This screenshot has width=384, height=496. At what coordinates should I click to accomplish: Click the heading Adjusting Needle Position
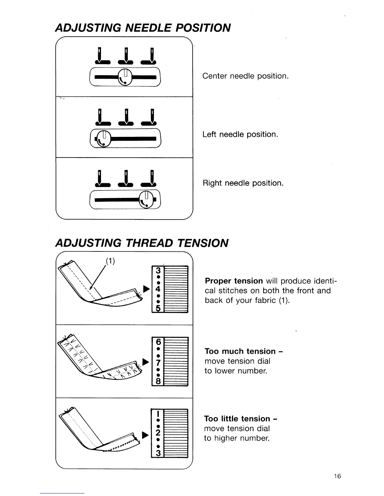pyautogui.click(x=143, y=28)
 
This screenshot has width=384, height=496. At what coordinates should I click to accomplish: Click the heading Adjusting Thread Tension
pyautogui.click(x=141, y=243)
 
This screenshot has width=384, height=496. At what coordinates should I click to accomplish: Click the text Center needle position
pyautogui.click(x=245, y=76)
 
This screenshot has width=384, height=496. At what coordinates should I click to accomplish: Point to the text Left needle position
pyautogui.click(x=240, y=134)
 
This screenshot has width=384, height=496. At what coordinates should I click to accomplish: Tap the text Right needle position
pyautogui.click(x=243, y=183)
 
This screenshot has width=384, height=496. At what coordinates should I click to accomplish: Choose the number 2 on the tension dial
pyautogui.click(x=158, y=433)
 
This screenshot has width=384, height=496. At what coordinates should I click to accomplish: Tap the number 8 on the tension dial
pyautogui.click(x=158, y=381)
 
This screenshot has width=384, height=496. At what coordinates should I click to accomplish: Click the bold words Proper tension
pyautogui.click(x=234, y=281)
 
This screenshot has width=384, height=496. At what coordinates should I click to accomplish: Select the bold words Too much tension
pyautogui.click(x=240, y=351)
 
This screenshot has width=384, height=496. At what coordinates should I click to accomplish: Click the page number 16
pyautogui.click(x=337, y=477)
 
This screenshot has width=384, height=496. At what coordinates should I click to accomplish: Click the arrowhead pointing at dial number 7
pyautogui.click(x=145, y=362)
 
